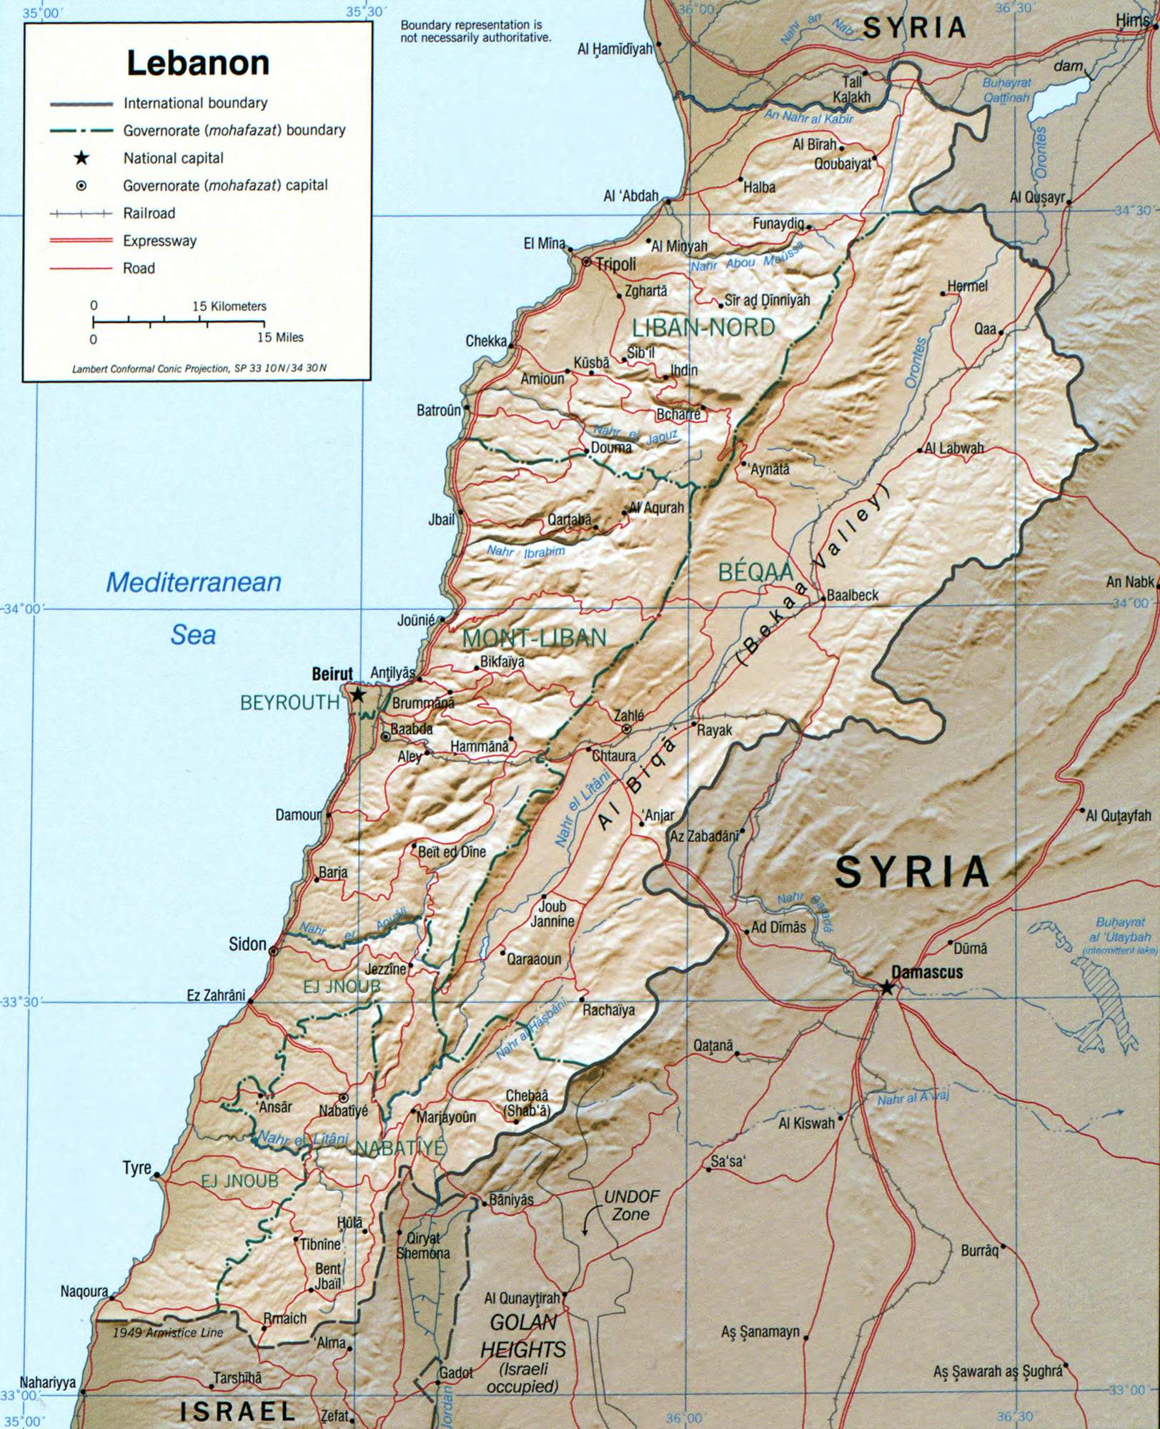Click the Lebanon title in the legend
point(198,63)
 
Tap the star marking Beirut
point(358,694)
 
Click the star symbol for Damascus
point(887,987)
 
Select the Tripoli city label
point(616,264)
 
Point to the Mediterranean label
point(193,582)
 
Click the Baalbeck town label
point(853,595)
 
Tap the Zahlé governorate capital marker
point(627,729)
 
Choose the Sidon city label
point(247,945)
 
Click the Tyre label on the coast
point(137,1168)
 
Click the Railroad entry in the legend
point(149,213)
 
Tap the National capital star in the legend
point(81,158)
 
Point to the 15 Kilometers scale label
point(229,306)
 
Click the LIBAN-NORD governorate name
point(703,328)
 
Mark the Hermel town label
point(967,286)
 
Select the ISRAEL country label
point(237,1410)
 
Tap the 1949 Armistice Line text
point(168,1333)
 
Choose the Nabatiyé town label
point(343,1110)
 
